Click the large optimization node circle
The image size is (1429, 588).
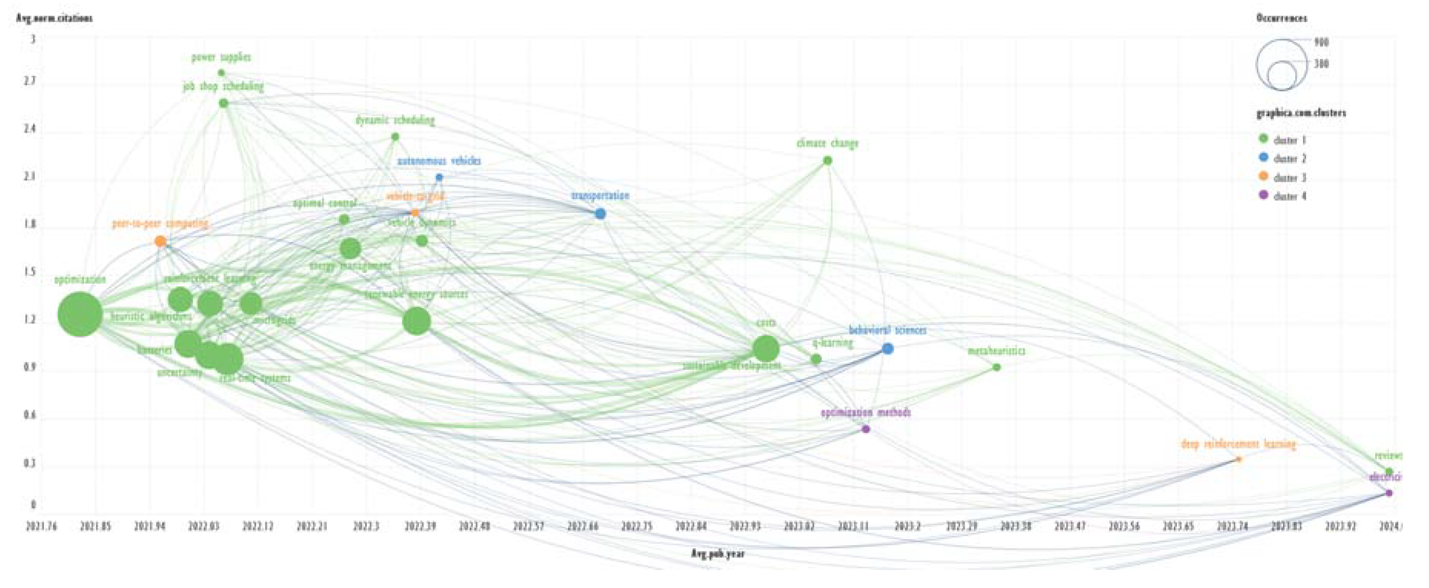point(80,314)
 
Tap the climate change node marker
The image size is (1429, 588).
point(827,160)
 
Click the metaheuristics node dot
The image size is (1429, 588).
point(996,367)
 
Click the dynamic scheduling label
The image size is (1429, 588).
point(395,120)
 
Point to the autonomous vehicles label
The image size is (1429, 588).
point(439,161)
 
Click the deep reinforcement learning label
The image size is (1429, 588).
point(1238,444)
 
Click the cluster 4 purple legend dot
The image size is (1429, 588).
point(1264,195)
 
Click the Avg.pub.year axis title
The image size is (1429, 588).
point(717,553)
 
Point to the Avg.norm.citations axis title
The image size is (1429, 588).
point(54,18)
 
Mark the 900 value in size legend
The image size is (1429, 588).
point(1321,42)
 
